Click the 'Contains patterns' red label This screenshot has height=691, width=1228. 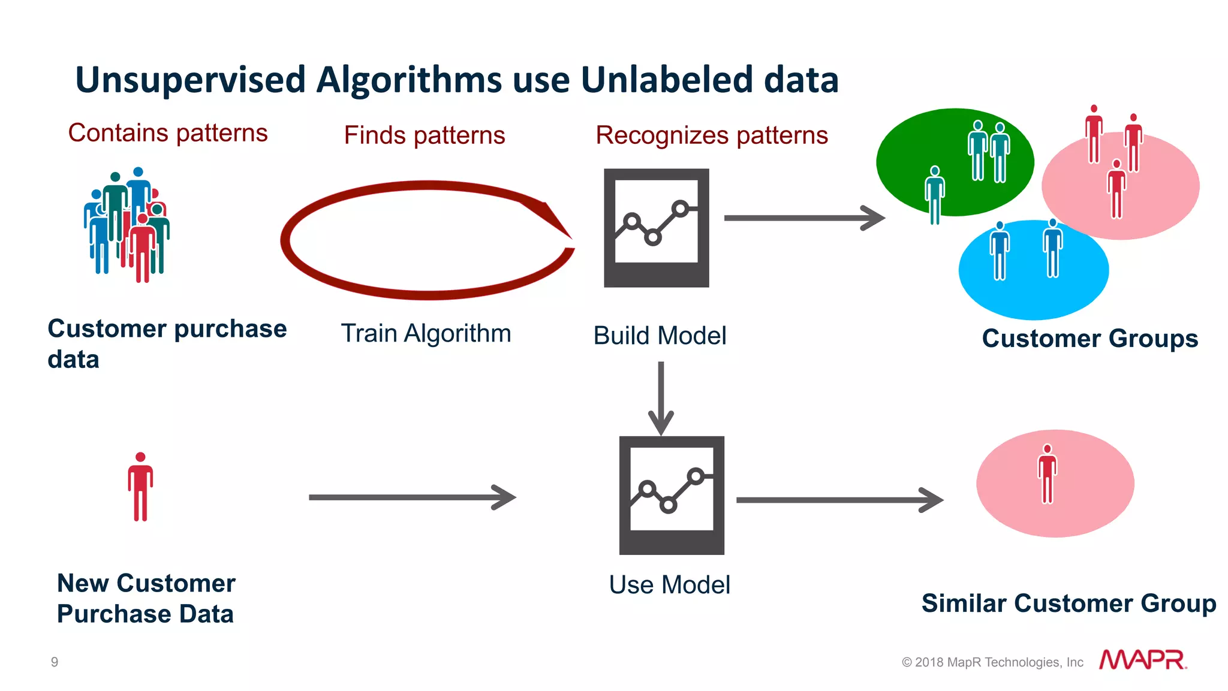168,133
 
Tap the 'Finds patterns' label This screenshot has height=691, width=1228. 424,135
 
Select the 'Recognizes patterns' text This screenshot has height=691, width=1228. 711,135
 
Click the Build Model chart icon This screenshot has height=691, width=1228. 656,228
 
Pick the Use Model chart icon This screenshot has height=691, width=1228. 672,495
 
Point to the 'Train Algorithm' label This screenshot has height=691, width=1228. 426,334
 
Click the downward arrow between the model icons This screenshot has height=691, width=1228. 661,398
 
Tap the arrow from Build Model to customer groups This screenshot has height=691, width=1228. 803,218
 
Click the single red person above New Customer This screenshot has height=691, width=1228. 140,487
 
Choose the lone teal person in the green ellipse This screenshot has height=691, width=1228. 935,195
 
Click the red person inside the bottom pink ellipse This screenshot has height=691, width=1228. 1047,474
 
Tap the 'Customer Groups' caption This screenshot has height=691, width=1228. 1089,339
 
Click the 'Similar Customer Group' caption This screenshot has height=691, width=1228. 1069,604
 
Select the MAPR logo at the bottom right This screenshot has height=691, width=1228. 1142,660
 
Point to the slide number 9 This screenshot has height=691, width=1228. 55,662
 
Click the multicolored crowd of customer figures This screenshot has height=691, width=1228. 127,225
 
